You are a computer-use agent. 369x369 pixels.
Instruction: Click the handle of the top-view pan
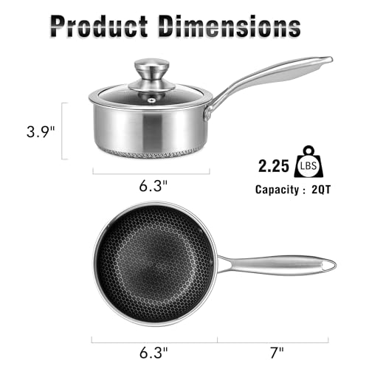[x=273, y=263]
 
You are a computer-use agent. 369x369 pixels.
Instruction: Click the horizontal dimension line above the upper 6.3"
[x=151, y=173]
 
